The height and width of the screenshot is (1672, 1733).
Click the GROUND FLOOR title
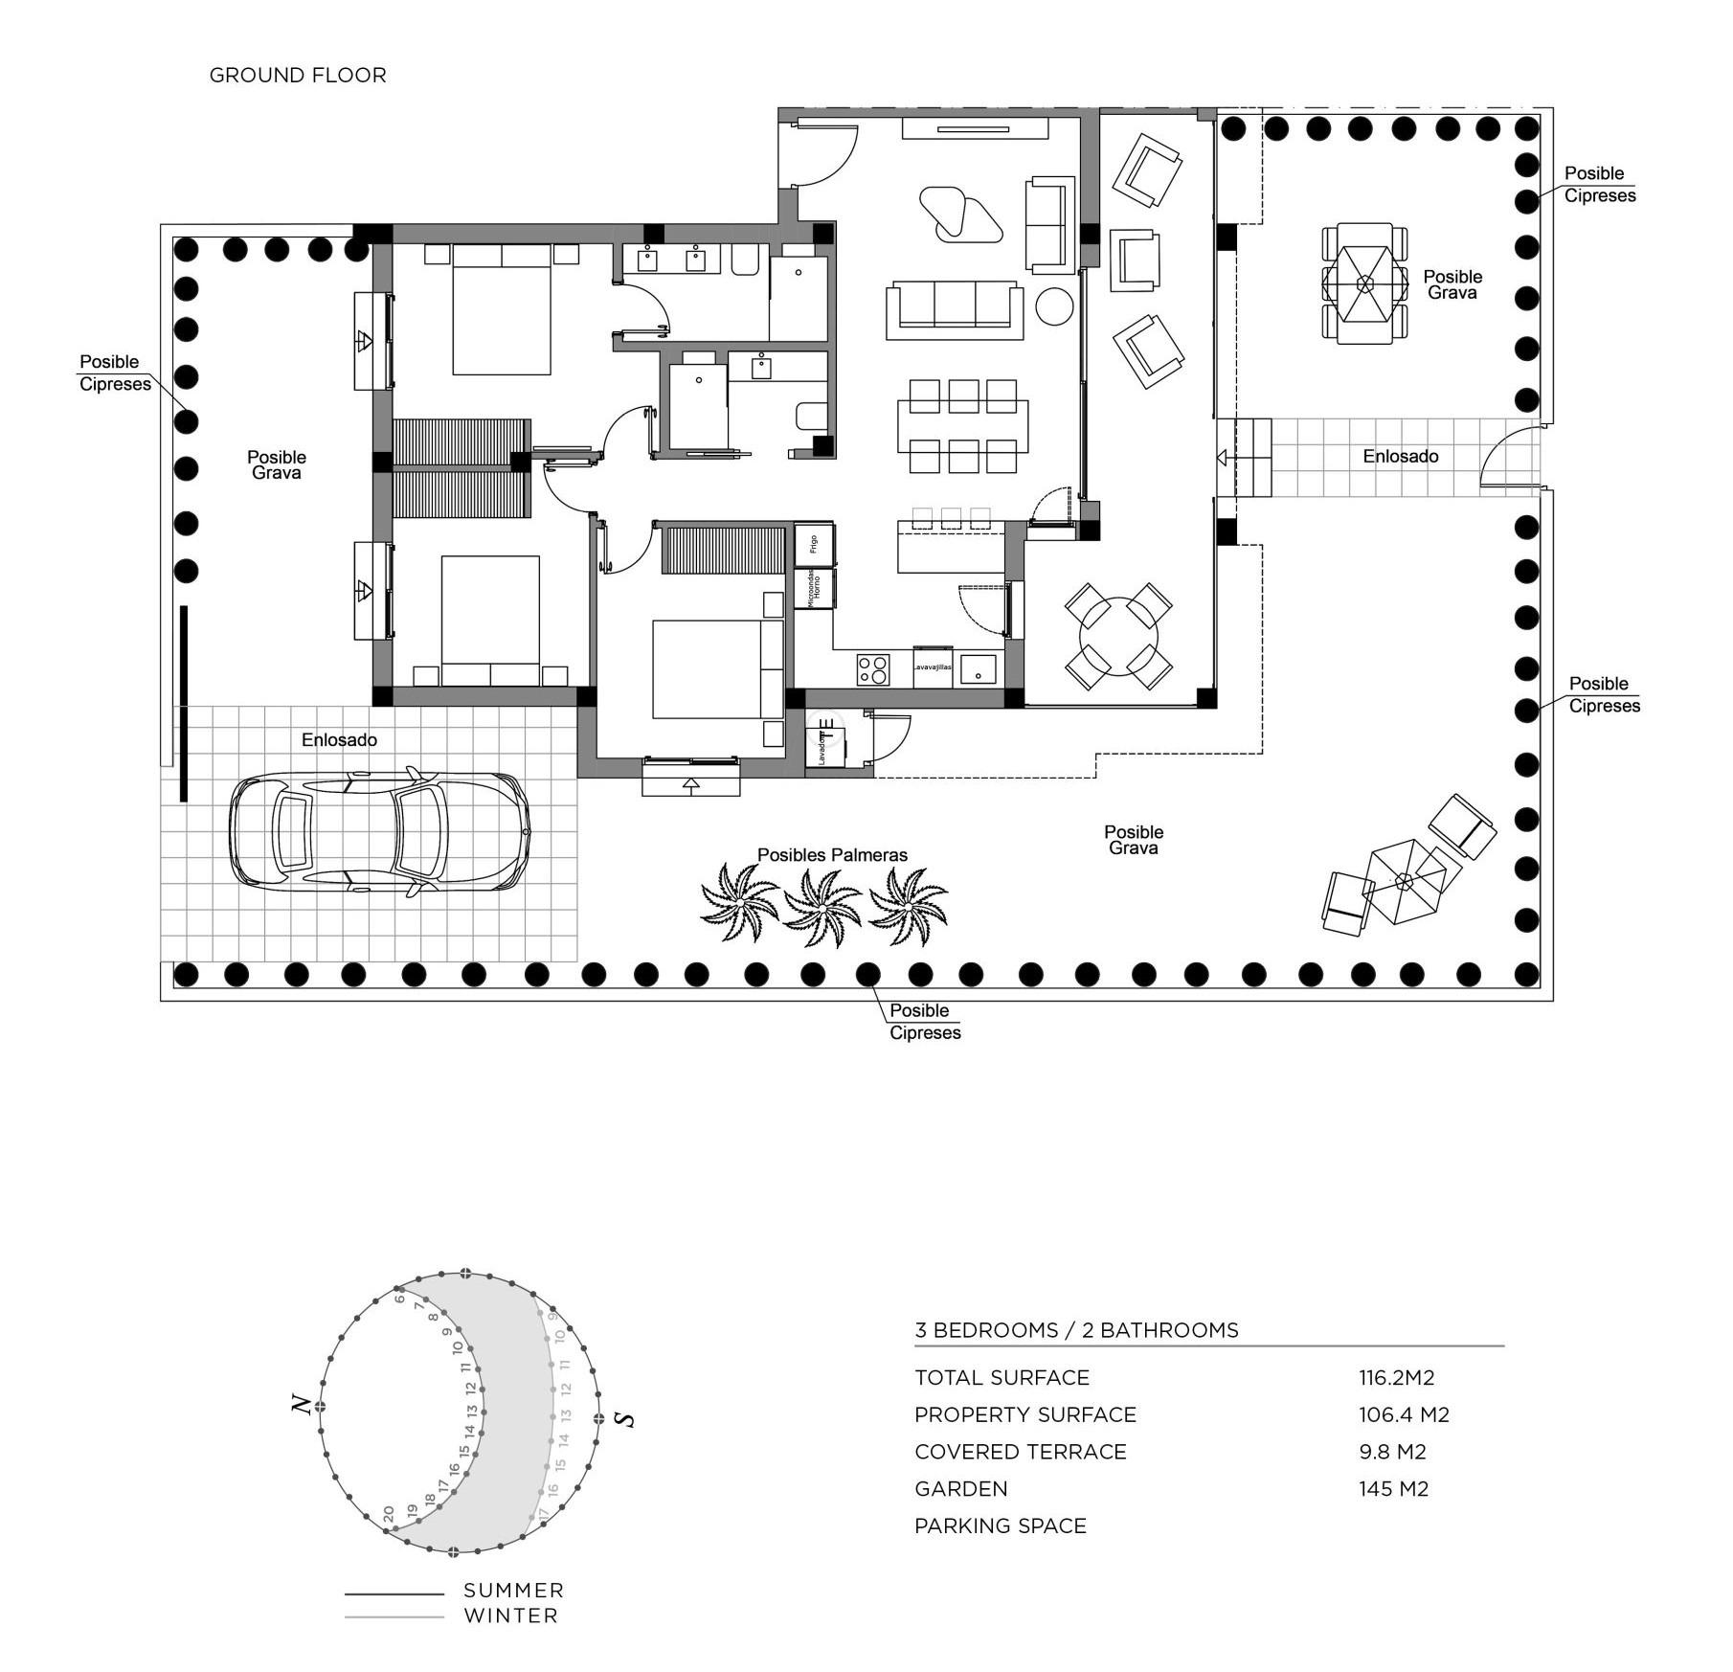[298, 75]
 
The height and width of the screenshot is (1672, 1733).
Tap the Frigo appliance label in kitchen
[813, 544]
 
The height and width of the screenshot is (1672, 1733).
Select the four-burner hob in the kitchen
[872, 667]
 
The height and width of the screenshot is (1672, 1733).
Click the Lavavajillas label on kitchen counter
[932, 667]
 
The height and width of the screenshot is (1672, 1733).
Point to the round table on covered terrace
[1117, 637]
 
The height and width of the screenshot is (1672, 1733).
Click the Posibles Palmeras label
[832, 854]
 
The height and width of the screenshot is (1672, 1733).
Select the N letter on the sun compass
[303, 1405]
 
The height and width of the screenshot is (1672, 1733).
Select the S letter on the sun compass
[626, 1418]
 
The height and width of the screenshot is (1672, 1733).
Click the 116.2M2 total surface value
[1396, 1377]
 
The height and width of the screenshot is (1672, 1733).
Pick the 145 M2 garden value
[1393, 1488]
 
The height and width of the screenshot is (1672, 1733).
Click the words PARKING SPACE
[1000, 1525]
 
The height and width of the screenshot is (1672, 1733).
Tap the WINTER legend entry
[510, 1616]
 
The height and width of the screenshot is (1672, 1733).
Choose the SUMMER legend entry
[513, 1591]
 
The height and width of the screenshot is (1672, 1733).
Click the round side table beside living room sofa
[1054, 306]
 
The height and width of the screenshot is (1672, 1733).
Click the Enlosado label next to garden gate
[1400, 456]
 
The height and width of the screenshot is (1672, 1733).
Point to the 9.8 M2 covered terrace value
[1392, 1452]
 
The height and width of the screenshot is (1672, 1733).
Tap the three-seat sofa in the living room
[955, 308]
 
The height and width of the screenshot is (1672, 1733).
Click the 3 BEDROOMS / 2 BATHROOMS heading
[1076, 1329]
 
